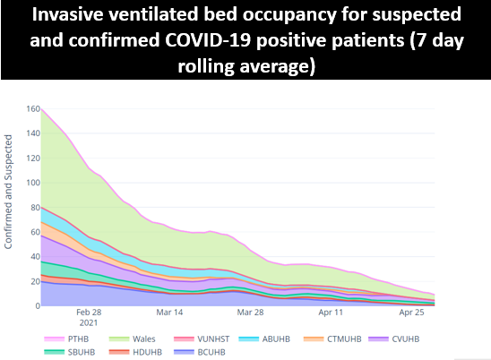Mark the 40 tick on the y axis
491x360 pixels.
33,257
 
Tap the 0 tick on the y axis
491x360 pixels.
36,306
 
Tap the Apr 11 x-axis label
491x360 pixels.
331,314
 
